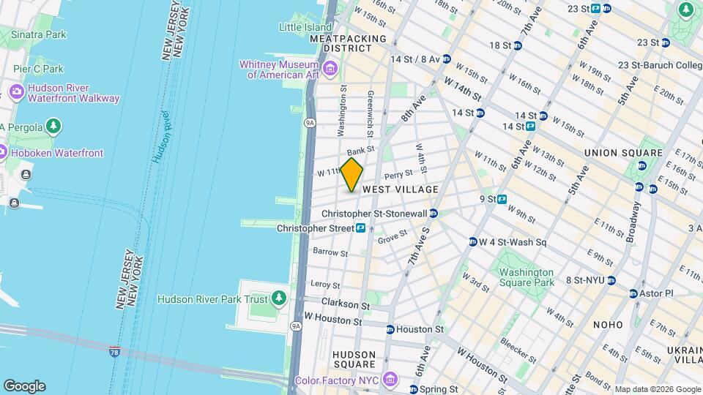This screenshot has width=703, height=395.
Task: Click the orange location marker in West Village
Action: (x=352, y=174)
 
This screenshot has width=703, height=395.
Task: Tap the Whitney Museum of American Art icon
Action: (x=330, y=69)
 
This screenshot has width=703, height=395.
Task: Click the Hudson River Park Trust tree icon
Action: (x=278, y=298)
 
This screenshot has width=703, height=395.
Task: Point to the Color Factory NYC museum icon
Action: (x=390, y=380)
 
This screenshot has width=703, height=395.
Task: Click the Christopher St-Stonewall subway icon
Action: (x=434, y=214)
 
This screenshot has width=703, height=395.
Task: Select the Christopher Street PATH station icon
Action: (x=361, y=228)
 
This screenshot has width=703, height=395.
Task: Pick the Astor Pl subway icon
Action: (x=634, y=293)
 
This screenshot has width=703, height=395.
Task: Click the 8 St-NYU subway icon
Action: (x=611, y=280)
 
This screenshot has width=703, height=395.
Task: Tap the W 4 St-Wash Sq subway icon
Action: (x=473, y=242)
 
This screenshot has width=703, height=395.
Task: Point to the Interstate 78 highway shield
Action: (x=114, y=353)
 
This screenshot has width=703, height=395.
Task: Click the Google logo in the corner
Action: (x=24, y=386)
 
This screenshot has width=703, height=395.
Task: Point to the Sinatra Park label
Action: (x=39, y=34)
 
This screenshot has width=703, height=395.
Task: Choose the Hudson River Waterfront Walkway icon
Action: (x=15, y=93)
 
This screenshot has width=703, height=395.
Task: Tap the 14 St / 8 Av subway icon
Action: (x=446, y=59)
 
